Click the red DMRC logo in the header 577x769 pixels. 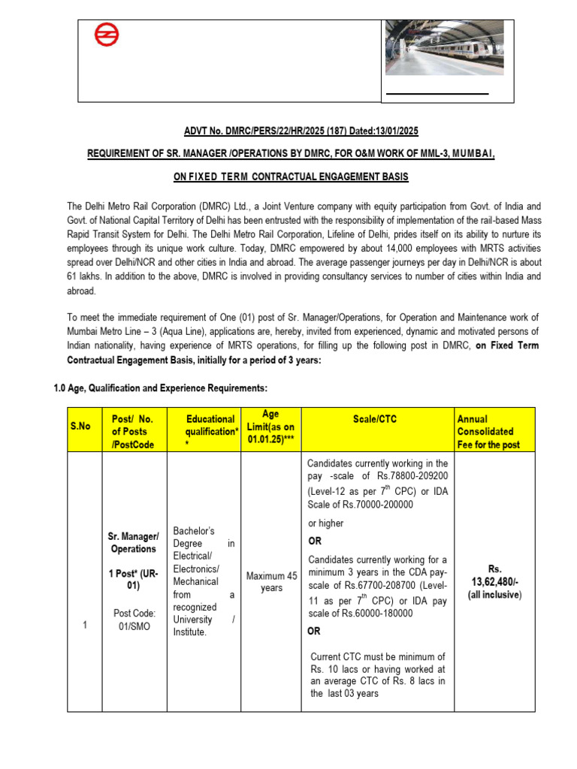point(106,36)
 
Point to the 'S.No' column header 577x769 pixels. point(80,426)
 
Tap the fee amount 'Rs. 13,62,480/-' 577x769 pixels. point(494,575)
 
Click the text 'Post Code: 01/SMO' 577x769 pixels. point(134,620)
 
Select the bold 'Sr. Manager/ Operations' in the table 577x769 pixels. point(134,542)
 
